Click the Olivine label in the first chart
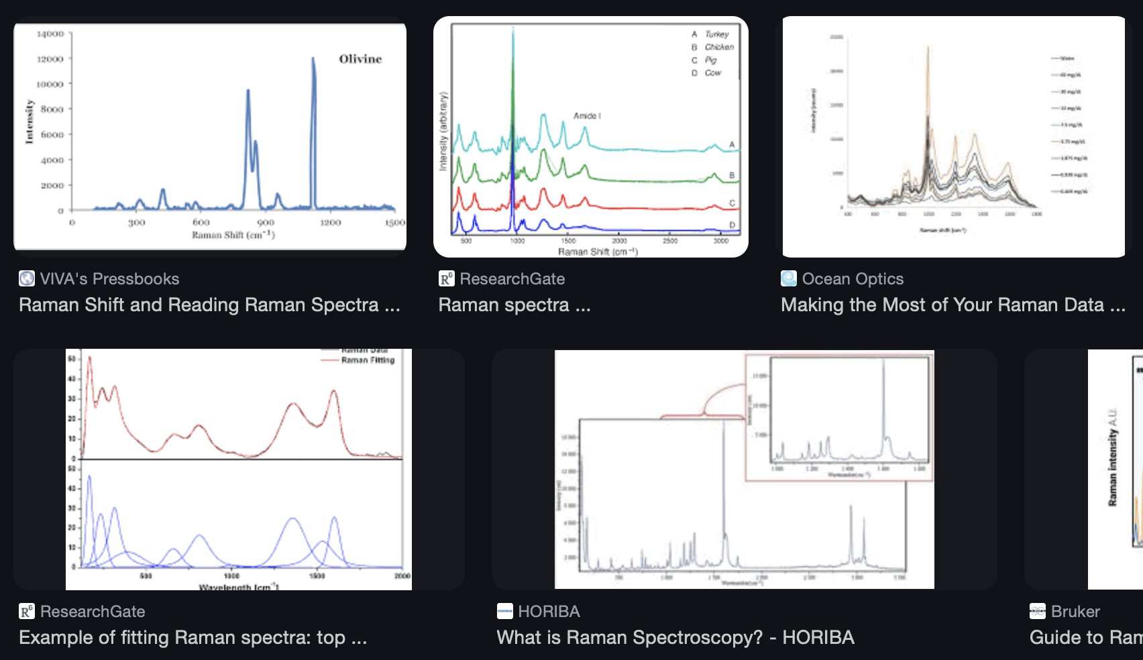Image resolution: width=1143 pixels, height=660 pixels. pyautogui.click(x=360, y=59)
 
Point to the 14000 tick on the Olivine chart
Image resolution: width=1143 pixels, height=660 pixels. pyautogui.click(x=51, y=34)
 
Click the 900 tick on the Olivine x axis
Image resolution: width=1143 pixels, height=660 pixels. pyautogui.click(x=266, y=222)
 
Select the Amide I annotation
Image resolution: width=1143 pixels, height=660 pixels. pyautogui.click(x=587, y=116)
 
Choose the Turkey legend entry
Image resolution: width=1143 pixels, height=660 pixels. pyautogui.click(x=716, y=34)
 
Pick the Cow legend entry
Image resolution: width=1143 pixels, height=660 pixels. pyautogui.click(x=712, y=72)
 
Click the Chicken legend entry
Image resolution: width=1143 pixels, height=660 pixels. pyautogui.click(x=718, y=47)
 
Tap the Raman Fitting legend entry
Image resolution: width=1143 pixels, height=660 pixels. pyautogui.click(x=367, y=360)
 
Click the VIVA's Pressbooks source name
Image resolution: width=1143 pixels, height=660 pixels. pyautogui.click(x=109, y=279)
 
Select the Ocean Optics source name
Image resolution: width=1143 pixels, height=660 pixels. pyautogui.click(x=853, y=279)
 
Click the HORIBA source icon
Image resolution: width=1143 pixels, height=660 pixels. pyautogui.click(x=504, y=611)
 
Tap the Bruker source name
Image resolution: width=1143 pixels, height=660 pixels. pyautogui.click(x=1075, y=612)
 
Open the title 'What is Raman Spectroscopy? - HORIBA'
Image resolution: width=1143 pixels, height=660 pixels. pyautogui.click(x=675, y=637)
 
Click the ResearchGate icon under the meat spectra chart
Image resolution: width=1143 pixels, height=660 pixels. pyautogui.click(x=446, y=278)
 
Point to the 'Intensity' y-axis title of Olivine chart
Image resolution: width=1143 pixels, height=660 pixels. pyautogui.click(x=29, y=121)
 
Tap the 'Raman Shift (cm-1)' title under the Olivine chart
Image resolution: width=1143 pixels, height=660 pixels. pyautogui.click(x=233, y=235)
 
